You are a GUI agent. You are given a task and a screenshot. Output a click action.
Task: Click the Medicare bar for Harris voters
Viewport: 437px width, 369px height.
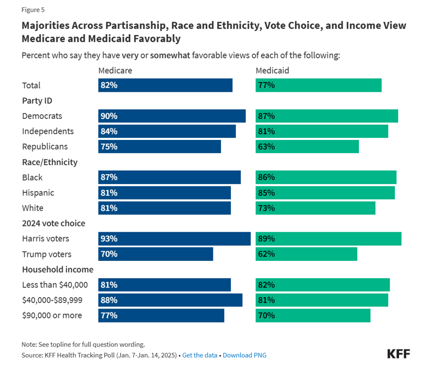(x=174, y=239)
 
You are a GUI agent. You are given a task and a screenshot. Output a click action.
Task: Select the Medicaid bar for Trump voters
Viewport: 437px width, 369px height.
(x=306, y=254)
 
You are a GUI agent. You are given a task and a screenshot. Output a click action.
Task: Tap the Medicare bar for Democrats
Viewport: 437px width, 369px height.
(x=172, y=116)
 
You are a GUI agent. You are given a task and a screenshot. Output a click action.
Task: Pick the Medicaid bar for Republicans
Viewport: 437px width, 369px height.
(x=307, y=147)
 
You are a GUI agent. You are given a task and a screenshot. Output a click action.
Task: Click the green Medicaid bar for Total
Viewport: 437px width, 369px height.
(x=319, y=85)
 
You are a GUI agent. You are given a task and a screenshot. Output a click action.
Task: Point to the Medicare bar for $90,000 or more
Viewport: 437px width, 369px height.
(x=161, y=316)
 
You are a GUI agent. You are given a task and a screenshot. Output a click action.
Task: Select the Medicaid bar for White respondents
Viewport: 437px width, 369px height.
(x=315, y=208)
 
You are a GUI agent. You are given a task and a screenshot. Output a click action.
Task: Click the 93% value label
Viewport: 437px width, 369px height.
(x=109, y=239)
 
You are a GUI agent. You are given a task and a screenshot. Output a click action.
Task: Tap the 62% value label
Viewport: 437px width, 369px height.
(x=267, y=254)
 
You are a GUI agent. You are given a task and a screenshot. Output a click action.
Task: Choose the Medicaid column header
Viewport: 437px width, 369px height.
(x=272, y=70)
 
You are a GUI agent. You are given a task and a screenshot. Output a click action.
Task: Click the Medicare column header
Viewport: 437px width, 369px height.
(x=115, y=70)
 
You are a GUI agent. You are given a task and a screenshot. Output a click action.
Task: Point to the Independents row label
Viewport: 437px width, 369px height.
(x=48, y=131)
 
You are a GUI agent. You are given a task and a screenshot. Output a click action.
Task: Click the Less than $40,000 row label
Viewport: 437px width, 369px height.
(x=55, y=285)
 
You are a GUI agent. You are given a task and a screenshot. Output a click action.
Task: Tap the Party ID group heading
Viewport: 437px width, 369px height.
(x=37, y=100)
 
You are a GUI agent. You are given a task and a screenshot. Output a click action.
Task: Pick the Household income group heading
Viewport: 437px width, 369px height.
(x=57, y=270)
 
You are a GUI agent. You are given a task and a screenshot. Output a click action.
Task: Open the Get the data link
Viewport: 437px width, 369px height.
(x=200, y=355)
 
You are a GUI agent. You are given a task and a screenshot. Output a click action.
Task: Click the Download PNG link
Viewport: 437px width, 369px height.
(x=244, y=355)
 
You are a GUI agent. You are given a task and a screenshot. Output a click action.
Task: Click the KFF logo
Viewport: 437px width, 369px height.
(x=399, y=353)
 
